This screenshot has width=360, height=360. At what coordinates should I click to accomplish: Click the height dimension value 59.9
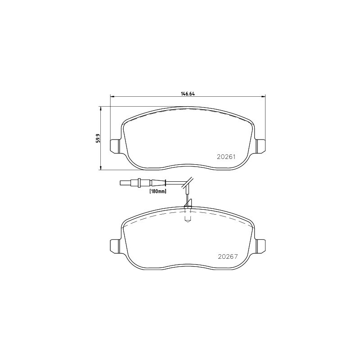98,139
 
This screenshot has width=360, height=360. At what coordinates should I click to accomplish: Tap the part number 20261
226,157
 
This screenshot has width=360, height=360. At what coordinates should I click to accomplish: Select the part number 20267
228,256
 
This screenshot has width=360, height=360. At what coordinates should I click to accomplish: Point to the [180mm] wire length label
158,191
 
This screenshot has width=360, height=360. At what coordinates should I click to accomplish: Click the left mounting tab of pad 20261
115,146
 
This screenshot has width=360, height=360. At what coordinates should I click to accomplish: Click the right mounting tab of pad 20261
261,146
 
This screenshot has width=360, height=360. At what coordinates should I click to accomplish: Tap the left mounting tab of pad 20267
115,246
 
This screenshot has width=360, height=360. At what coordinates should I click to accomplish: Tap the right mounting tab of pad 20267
261,246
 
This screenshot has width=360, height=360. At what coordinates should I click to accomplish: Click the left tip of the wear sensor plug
120,183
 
